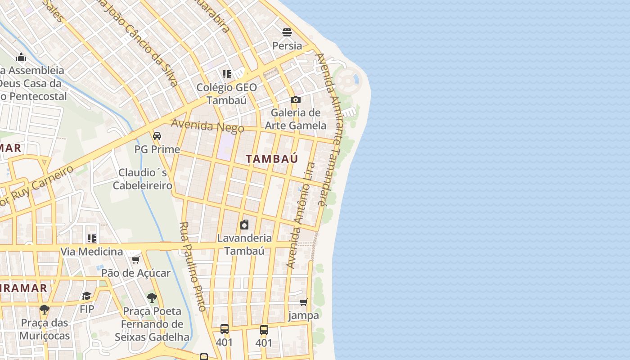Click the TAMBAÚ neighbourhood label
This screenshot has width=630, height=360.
click(x=272, y=158)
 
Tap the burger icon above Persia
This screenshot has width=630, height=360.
click(x=287, y=32)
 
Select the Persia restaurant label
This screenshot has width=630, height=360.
click(x=287, y=45)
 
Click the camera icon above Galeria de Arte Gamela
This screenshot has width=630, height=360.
click(x=295, y=99)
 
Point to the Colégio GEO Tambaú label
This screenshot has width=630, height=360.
click(x=227, y=94)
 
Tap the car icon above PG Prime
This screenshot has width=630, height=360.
click(x=157, y=135)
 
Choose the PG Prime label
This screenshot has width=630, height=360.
click(x=157, y=149)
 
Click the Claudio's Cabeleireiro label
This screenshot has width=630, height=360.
click(x=142, y=179)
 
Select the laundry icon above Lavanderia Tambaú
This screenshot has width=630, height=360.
click(x=244, y=224)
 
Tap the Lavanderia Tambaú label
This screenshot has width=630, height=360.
click(x=244, y=244)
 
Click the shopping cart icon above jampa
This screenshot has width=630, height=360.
click(x=304, y=302)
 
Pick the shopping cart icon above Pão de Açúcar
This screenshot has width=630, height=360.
click(x=135, y=260)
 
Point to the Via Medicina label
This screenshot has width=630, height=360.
click(x=92, y=252)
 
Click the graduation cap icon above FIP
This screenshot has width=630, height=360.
click(x=86, y=296)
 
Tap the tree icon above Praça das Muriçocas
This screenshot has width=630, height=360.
click(x=44, y=309)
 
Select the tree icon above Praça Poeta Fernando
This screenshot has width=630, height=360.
click(x=152, y=297)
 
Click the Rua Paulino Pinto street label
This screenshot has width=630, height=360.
click(x=193, y=266)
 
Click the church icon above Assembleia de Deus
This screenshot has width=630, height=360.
click(x=21, y=57)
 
